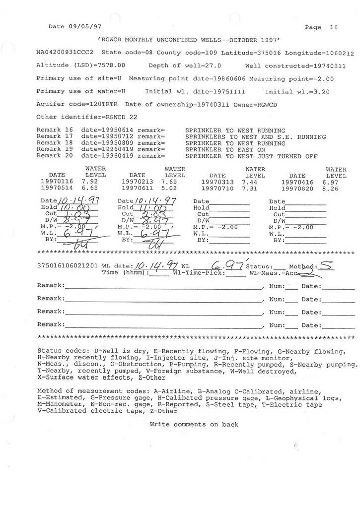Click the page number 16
333,28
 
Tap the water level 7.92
89,182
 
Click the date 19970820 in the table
297,189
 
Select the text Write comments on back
194,425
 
